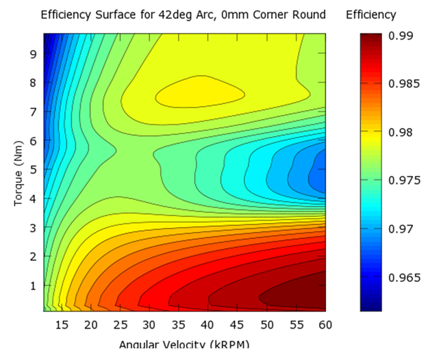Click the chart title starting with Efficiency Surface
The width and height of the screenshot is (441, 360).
click(183, 14)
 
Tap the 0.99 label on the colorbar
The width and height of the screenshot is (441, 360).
click(401, 36)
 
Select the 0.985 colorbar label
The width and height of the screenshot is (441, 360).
click(404, 84)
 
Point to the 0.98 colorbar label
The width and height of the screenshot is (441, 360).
click(401, 132)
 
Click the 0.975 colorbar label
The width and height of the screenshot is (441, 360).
click(404, 181)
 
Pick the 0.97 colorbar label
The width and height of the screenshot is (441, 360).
click(401, 229)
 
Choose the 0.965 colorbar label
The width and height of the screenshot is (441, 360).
click(404, 277)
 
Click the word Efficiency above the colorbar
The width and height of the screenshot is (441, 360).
click(371, 14)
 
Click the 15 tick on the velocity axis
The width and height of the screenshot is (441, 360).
click(62, 324)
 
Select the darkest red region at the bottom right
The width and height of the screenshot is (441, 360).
click(294, 294)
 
